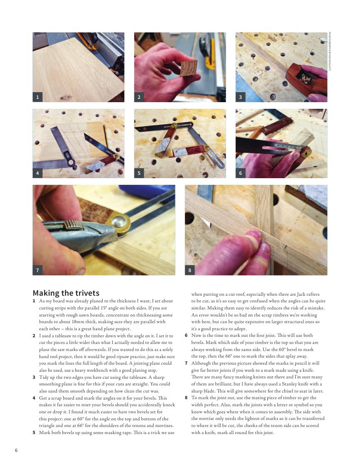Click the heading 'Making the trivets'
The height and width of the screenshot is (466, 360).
tap(66, 293)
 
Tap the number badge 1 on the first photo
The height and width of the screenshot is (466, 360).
tap(37, 97)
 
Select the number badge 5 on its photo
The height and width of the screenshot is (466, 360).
tap(139, 173)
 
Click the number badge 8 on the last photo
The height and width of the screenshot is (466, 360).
tap(190, 270)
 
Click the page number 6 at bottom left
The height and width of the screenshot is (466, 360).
tap(16, 450)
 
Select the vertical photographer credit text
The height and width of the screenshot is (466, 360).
tap(329, 51)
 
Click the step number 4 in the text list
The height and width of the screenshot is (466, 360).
tap(34, 398)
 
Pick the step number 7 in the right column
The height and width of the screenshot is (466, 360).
tap(186, 363)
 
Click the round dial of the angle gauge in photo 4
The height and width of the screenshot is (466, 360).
tap(71, 162)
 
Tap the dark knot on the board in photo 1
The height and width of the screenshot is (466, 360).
tap(66, 97)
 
